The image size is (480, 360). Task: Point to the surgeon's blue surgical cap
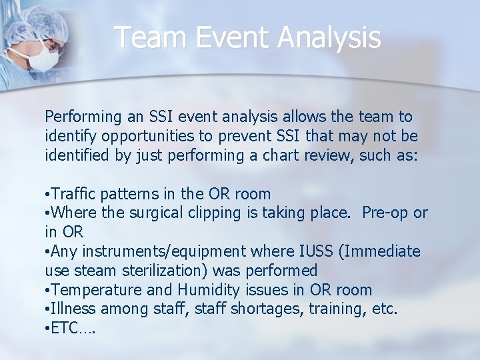(x=40, y=23)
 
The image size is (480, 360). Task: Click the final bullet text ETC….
(x=73, y=329)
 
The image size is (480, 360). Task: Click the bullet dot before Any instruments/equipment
(x=47, y=252)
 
